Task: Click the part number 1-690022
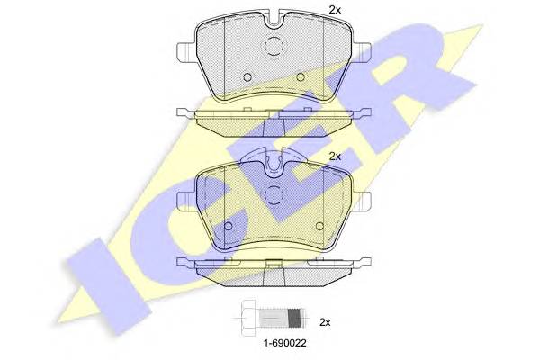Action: [x=284, y=343]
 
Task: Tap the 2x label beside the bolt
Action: [x=325, y=322]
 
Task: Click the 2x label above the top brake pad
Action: [x=335, y=10]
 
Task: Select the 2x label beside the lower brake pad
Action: [x=335, y=157]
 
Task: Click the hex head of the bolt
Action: [x=249, y=318]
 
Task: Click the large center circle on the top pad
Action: [x=274, y=46]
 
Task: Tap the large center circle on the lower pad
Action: [x=274, y=195]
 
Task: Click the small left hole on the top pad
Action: [x=247, y=77]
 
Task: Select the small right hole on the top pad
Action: [x=301, y=77]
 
